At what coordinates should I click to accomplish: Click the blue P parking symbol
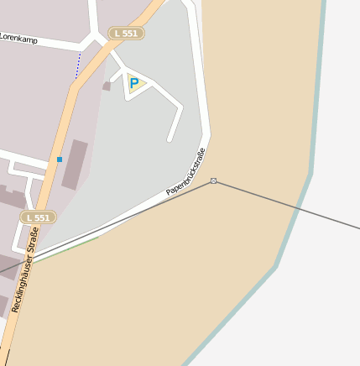pos(134,83)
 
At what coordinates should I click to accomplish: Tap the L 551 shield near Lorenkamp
pos(127,34)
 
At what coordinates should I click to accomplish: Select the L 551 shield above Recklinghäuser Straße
pos(38,217)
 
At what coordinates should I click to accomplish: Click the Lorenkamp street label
pos(19,39)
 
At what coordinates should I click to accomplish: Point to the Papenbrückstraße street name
pos(185,171)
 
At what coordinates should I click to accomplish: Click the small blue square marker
pos(60,159)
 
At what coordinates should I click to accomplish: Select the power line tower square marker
pos(214,180)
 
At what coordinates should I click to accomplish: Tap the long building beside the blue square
pos(75,164)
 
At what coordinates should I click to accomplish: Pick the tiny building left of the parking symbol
pos(107,86)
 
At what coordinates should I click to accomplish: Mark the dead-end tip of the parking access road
pos(170,139)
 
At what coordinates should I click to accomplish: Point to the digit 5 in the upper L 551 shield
pos(127,34)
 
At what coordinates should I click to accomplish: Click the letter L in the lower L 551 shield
pos(29,217)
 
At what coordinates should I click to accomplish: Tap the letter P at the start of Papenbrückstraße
pos(169,192)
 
